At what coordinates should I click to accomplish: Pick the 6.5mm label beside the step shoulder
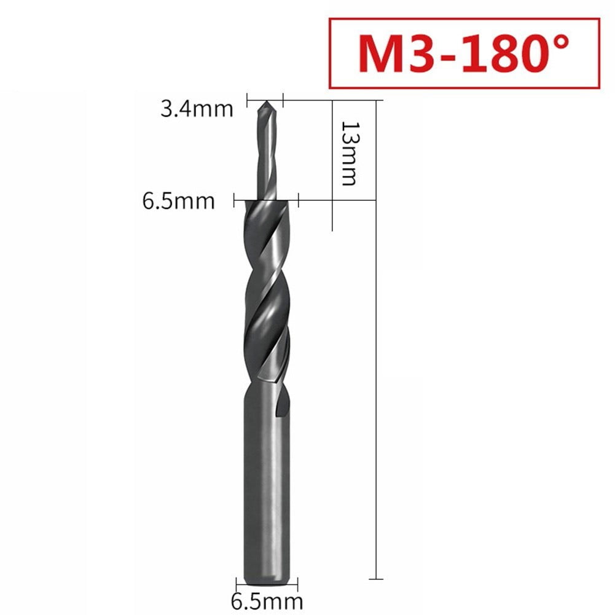(179, 201)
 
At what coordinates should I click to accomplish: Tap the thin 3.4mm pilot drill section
(265, 154)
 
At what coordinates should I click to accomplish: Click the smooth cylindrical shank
(265, 479)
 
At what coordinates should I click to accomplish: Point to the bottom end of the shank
(265, 581)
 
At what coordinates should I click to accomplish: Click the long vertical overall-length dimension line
(375, 369)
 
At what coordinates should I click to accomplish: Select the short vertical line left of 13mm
(333, 166)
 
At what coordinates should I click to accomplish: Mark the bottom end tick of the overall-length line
(375, 579)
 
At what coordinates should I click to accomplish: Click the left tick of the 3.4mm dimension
(248, 98)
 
